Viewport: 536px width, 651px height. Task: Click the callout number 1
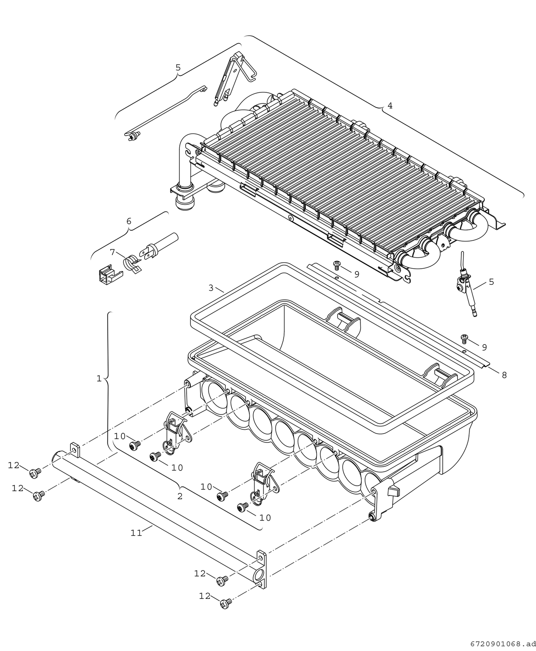[99, 378]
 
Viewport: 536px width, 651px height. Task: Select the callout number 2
[180, 496]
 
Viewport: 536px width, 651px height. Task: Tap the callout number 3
[211, 288]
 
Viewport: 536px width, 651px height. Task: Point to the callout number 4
[390, 106]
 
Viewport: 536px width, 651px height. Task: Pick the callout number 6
[129, 221]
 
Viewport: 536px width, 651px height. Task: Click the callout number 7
[112, 252]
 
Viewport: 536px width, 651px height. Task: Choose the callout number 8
[504, 375]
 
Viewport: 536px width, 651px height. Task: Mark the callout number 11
[136, 533]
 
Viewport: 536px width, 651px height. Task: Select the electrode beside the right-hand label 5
[465, 292]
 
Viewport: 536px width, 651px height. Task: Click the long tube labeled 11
[161, 509]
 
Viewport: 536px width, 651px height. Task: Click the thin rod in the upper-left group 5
[165, 112]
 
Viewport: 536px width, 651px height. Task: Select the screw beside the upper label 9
[337, 265]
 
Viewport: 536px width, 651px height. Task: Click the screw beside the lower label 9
[464, 338]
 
